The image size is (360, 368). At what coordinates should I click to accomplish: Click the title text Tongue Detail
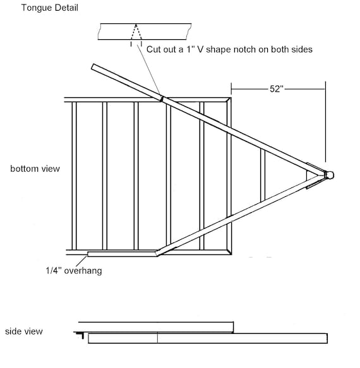(49, 8)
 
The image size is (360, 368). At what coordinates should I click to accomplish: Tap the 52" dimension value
(277, 89)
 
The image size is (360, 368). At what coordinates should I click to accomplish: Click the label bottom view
(35, 169)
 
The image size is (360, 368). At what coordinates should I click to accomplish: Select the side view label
(24, 331)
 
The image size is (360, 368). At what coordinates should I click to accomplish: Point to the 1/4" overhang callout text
(74, 271)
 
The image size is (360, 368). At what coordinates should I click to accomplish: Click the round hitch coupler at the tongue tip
(330, 175)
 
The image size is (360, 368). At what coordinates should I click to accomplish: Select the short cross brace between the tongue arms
(263, 175)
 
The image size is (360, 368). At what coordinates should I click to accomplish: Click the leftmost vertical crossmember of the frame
(74, 175)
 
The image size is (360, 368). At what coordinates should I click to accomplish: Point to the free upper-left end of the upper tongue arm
(93, 67)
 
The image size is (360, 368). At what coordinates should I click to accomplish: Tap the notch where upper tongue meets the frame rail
(162, 98)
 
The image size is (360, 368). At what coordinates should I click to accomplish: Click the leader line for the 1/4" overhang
(81, 261)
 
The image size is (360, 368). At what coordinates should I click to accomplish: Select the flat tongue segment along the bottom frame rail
(122, 254)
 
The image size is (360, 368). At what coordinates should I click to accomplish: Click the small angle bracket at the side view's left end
(80, 335)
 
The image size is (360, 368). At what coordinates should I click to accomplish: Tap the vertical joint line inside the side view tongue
(157, 338)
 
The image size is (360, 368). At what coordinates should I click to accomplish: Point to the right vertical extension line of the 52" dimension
(325, 122)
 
